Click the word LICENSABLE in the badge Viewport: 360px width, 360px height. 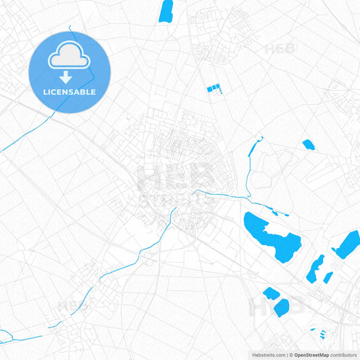[x=70, y=92]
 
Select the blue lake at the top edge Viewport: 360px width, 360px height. [x=165, y=11]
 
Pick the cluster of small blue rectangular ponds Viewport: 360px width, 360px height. [x=213, y=88]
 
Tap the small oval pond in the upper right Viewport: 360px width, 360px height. [x=308, y=144]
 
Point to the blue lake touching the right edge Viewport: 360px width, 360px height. [x=348, y=245]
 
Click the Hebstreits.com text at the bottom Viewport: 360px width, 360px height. [x=268, y=355]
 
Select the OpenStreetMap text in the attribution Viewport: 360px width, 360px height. [x=311, y=355]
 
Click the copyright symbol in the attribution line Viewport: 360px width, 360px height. [x=291, y=355]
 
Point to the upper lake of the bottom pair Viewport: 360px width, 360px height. [x=270, y=293]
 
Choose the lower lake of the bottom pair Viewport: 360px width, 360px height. [x=282, y=307]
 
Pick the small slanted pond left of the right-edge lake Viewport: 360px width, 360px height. [x=328, y=277]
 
